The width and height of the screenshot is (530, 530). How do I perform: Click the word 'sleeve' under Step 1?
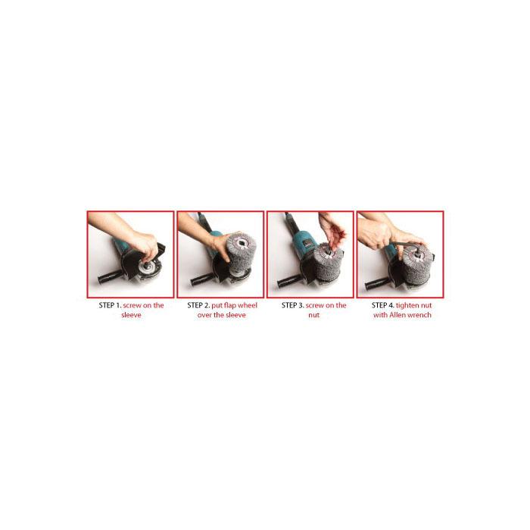tap(131, 315)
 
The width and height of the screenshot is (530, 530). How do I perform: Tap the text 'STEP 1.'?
tap(110, 305)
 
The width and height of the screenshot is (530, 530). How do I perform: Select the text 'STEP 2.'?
tap(198, 305)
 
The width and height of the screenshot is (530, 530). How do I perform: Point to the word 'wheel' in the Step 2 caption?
tap(248, 305)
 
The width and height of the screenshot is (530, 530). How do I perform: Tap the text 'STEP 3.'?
tap(293, 305)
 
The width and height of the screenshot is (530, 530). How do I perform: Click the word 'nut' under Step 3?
tap(313, 315)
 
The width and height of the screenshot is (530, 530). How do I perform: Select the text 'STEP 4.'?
tap(383, 305)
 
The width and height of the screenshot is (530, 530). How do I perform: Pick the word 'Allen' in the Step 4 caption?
tap(397, 315)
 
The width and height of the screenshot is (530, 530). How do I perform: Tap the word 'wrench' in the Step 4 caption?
tap(419, 315)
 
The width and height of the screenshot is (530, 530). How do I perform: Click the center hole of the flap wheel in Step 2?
tap(242, 242)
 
